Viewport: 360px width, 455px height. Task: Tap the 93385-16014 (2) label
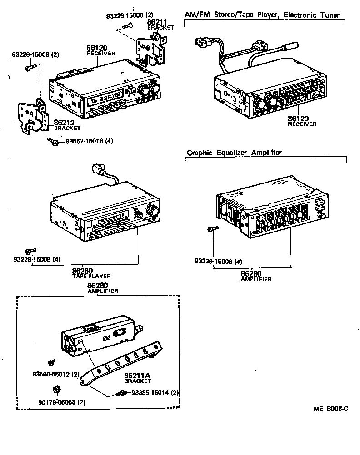tap(155, 392)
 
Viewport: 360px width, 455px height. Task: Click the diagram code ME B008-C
tap(330, 409)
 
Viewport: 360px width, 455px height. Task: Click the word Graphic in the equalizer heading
tap(200, 153)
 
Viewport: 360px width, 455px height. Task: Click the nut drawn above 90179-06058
tap(56, 390)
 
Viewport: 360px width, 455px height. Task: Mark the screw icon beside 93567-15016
tap(53, 142)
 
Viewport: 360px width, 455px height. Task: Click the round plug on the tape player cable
tap(96, 169)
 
